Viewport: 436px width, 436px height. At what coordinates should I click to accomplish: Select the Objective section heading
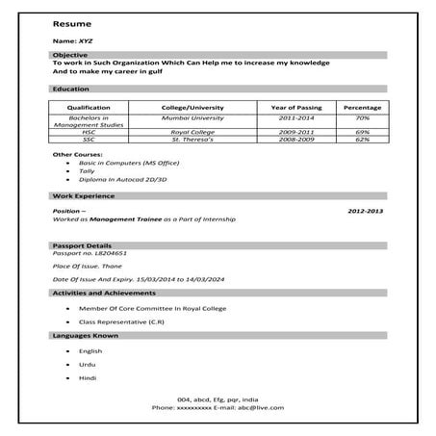[69, 55]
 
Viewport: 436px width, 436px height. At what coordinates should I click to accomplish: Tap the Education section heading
[70, 89]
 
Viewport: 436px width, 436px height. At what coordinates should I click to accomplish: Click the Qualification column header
[88, 107]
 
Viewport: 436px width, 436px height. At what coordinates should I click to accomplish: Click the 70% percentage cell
[362, 116]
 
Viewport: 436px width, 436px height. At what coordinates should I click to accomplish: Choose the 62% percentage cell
[362, 139]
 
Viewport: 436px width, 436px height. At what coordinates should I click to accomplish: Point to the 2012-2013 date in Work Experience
[365, 209]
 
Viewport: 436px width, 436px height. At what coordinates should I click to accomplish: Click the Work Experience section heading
[82, 196]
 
